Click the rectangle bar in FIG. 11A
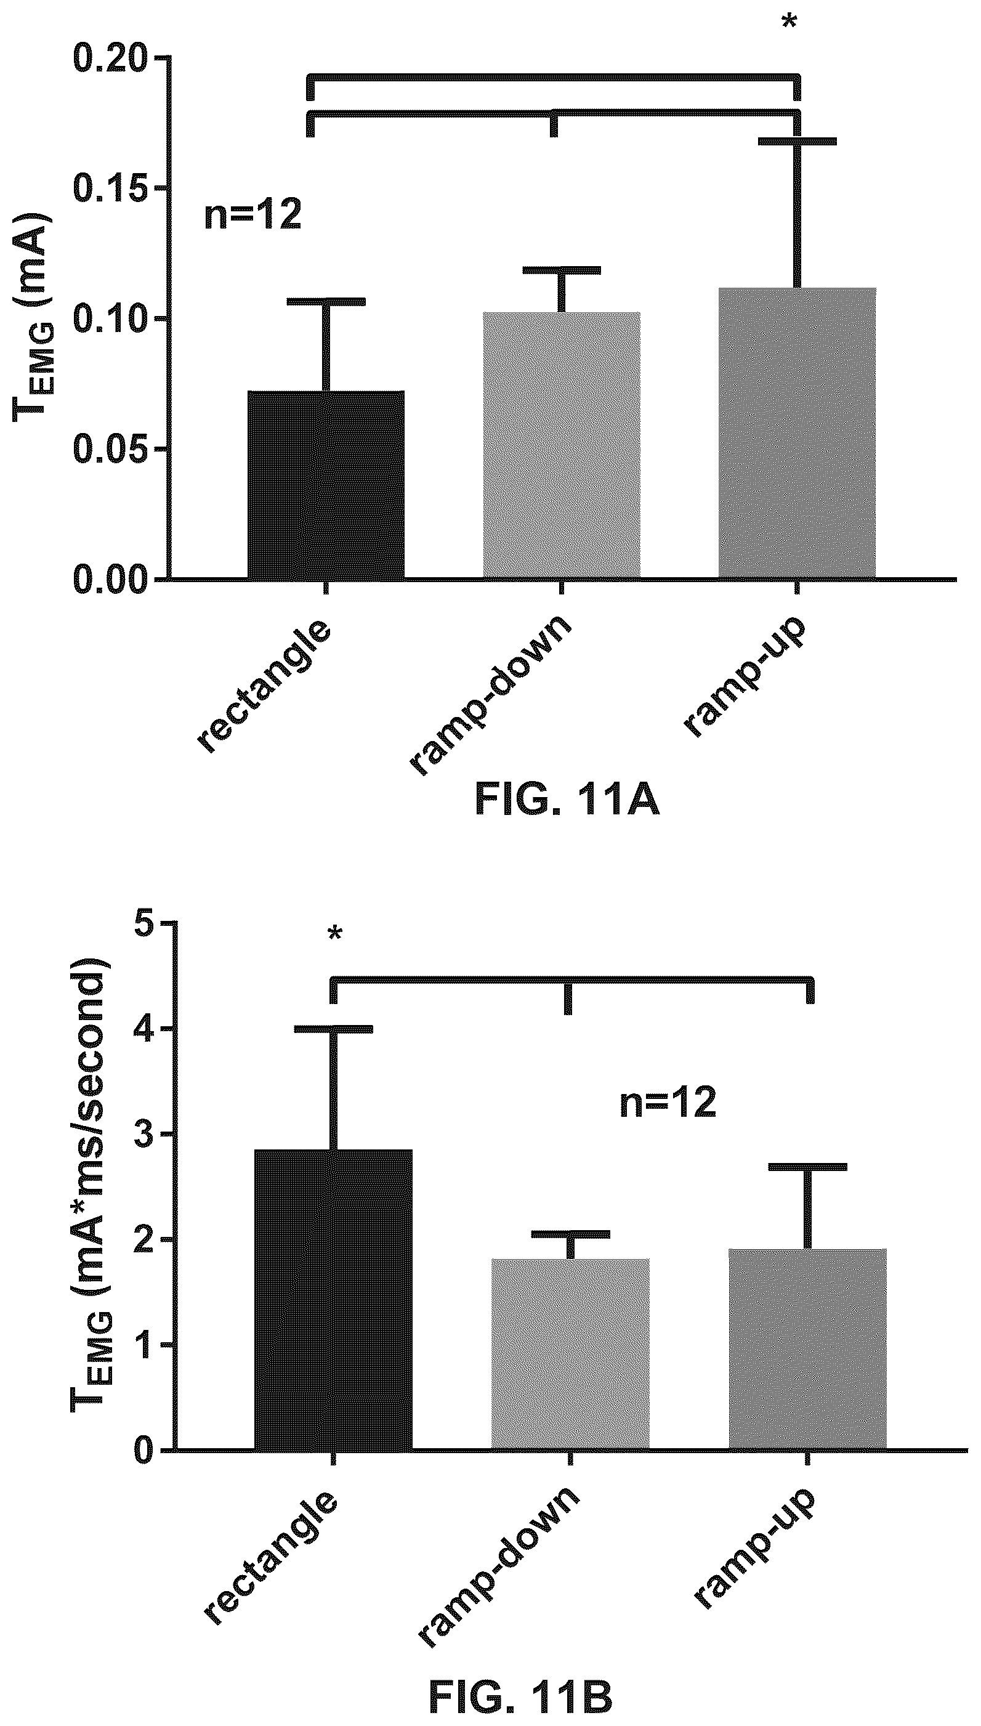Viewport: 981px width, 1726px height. (x=326, y=485)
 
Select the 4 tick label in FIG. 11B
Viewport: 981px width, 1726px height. (x=143, y=1029)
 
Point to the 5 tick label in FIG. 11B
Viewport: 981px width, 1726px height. (x=143, y=923)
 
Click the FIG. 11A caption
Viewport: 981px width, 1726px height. (x=567, y=801)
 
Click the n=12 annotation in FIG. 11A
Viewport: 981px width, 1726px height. (x=252, y=216)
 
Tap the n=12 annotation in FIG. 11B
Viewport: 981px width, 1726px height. (x=668, y=1103)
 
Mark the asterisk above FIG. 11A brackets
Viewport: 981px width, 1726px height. (x=788, y=23)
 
